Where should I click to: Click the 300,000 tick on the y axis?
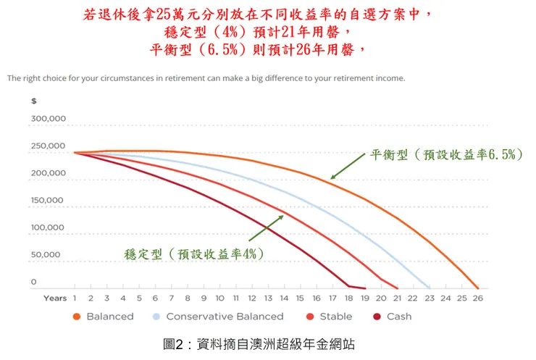click(x=49, y=119)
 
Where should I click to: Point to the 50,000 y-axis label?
click(x=47, y=255)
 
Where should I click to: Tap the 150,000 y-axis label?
click(x=49, y=201)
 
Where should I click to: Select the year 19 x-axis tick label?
click(x=364, y=298)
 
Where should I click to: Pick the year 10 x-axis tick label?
click(x=219, y=298)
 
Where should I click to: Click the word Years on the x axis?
click(x=55, y=298)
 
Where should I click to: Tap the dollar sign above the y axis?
click(x=33, y=101)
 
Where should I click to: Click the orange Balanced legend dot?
click(x=76, y=317)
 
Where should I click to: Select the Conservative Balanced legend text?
click(x=225, y=317)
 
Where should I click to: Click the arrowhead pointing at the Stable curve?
click(x=282, y=216)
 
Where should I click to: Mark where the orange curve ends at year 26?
click(x=477, y=288)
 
